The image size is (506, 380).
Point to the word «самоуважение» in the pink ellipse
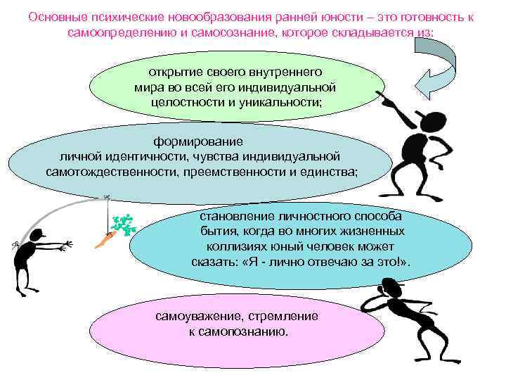tap(193, 316)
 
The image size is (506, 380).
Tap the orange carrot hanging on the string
tap(103, 241)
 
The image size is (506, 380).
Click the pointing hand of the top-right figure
tap(387, 99)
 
